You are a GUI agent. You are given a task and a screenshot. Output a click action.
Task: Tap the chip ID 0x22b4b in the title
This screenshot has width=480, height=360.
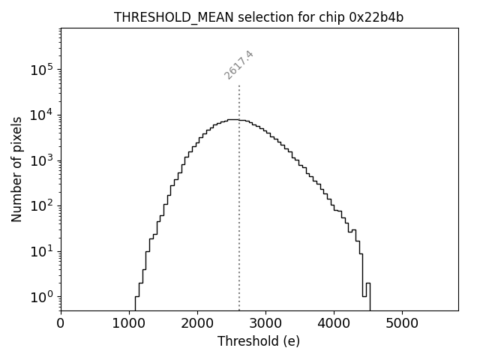(x=376, y=17)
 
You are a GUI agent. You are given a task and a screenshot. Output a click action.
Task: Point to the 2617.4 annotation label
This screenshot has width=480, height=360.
(x=239, y=64)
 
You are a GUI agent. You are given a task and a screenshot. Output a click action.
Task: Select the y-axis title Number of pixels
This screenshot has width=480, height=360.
(x=16, y=169)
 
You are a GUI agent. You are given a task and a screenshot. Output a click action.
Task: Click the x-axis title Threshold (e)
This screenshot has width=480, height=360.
(x=259, y=341)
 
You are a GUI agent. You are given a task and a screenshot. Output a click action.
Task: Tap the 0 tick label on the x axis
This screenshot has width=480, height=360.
(x=61, y=323)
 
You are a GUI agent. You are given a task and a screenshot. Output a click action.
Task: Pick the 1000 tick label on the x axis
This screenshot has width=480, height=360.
(x=129, y=323)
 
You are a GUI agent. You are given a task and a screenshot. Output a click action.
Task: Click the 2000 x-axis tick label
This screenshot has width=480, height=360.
(x=197, y=323)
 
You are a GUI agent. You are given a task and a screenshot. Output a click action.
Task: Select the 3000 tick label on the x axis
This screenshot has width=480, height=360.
(x=265, y=323)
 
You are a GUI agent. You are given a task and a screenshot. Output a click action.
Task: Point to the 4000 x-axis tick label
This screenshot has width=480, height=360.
(x=334, y=323)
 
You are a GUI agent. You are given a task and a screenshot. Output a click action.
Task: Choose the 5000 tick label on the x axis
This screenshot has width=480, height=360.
(x=402, y=323)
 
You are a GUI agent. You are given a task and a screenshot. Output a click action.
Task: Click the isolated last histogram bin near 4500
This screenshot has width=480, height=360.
(x=368, y=296)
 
